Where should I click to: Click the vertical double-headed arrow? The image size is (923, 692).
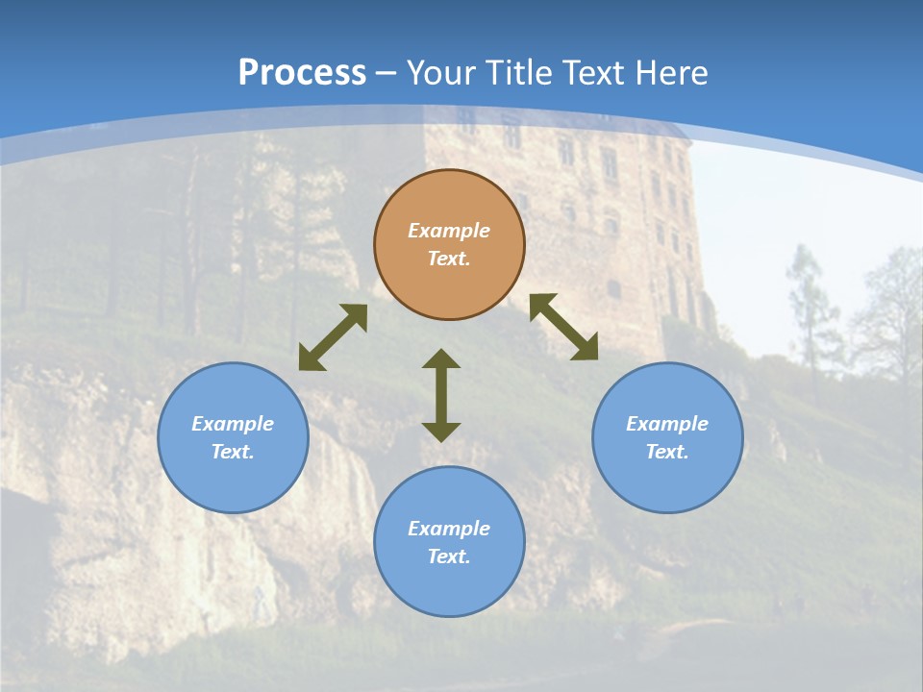441,395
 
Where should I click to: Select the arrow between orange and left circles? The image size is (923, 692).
333,337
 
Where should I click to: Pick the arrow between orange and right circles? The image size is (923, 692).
563,327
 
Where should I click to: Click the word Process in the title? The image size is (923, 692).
302,73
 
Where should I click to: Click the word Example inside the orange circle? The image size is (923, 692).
449,231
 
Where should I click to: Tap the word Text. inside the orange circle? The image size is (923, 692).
449,259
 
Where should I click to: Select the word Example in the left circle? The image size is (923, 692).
233,424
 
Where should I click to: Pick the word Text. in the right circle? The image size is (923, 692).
667,452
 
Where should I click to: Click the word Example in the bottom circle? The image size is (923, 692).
449,529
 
